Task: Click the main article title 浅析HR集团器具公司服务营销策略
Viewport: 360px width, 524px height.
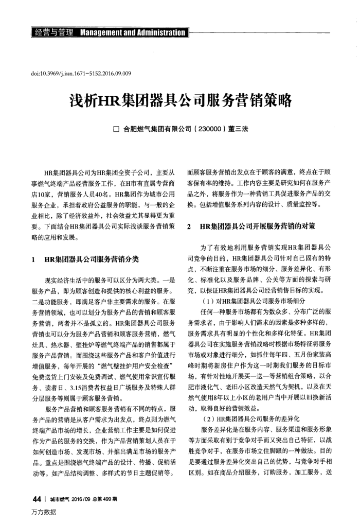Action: click(181, 99)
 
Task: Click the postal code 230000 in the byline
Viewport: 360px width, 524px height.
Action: click(210, 129)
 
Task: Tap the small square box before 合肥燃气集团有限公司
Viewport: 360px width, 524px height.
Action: click(116, 129)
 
